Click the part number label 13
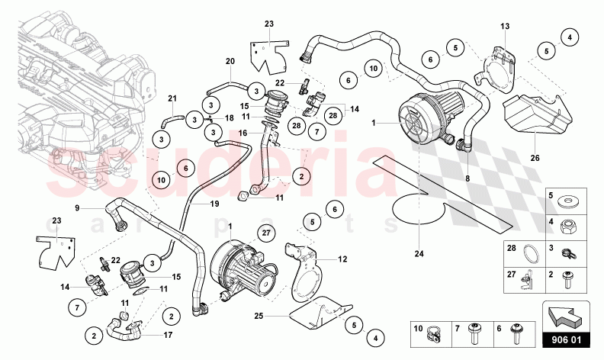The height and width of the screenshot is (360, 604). pyautogui.click(x=504, y=27)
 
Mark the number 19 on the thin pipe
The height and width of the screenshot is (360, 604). pyautogui.click(x=214, y=204)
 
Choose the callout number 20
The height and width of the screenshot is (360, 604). pyautogui.click(x=230, y=61)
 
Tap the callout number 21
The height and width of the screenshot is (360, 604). pyautogui.click(x=172, y=98)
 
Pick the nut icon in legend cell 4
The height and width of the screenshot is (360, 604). pyautogui.click(x=569, y=227)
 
